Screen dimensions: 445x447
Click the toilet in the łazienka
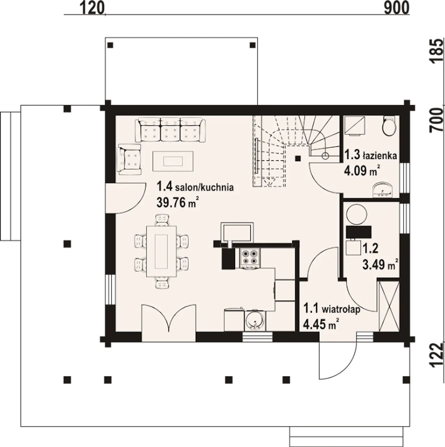[x=389, y=126]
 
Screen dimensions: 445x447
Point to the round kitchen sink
[x=255, y=321]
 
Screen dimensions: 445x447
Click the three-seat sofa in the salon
[x=170, y=130]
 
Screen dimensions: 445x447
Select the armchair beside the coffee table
[x=129, y=159]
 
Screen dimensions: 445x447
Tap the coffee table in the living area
[x=173, y=161]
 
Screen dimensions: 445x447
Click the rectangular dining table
[x=161, y=252]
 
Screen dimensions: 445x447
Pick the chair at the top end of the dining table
[x=162, y=220]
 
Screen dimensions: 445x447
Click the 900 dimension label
[x=397, y=9]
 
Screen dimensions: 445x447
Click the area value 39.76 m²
[x=178, y=202]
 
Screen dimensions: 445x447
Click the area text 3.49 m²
[x=381, y=265]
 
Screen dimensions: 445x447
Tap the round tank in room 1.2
[x=357, y=214]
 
